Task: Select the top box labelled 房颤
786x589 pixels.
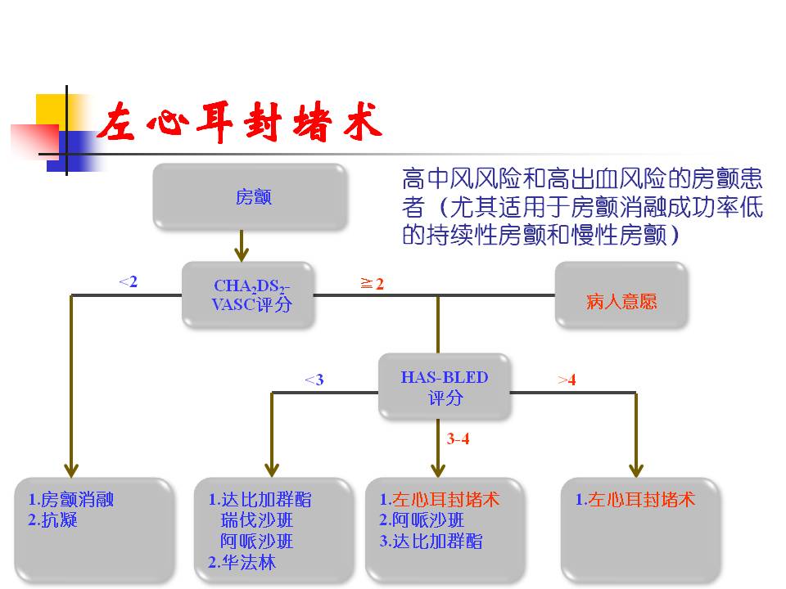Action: tap(250, 196)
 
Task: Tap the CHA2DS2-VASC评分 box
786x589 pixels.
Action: tap(248, 295)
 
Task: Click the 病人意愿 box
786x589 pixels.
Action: tap(621, 301)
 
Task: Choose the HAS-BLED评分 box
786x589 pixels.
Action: tap(444, 387)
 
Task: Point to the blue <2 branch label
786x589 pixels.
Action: tap(128, 282)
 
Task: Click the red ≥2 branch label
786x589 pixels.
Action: tap(373, 284)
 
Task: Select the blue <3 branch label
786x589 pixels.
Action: tap(314, 380)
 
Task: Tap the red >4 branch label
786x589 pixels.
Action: tap(567, 380)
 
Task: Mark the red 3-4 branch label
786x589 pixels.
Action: tap(458, 438)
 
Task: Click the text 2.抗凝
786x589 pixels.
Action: tap(52, 520)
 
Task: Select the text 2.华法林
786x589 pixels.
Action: tap(242, 562)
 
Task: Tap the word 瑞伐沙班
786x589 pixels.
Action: tap(256, 520)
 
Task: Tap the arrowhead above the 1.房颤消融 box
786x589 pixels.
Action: tap(72, 470)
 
